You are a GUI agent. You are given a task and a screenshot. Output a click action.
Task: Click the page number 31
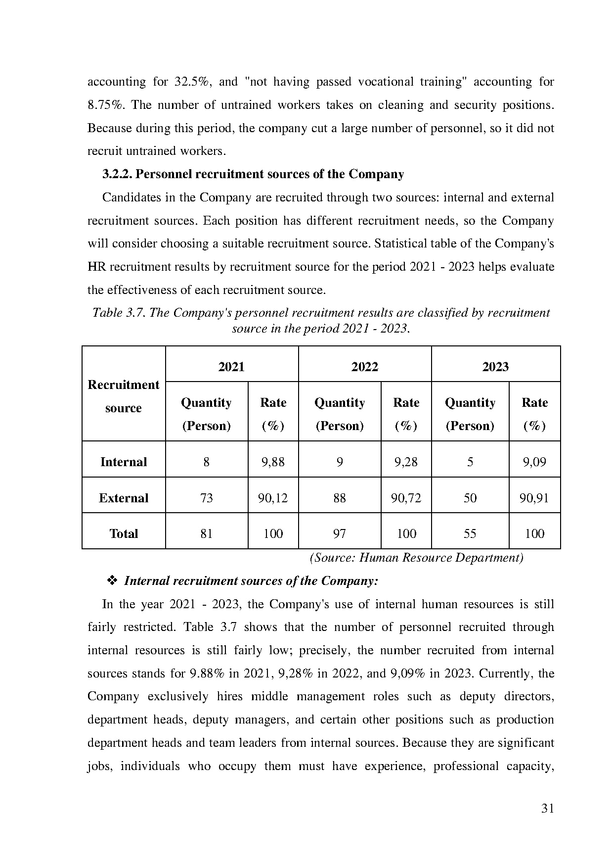pyautogui.click(x=547, y=809)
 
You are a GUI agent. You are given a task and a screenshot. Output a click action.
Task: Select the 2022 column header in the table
pyautogui.click(x=364, y=367)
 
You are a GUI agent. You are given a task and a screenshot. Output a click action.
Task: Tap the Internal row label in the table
pyautogui.click(x=124, y=462)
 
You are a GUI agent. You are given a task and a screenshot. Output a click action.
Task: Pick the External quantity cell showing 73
pyautogui.click(x=206, y=498)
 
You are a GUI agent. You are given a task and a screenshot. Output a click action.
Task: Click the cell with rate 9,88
pyautogui.click(x=273, y=462)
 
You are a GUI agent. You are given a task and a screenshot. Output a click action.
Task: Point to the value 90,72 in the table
pyautogui.click(x=406, y=498)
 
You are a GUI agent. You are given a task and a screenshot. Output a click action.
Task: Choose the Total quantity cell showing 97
pyautogui.click(x=340, y=533)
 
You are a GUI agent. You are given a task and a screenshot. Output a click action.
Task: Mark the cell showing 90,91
pyautogui.click(x=534, y=498)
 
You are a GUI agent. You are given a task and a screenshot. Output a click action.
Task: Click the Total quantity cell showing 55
pyautogui.click(x=470, y=533)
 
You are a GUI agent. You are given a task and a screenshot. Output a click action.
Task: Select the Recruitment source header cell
pyautogui.click(x=124, y=396)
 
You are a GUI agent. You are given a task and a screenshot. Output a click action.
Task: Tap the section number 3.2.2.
pyautogui.click(x=117, y=174)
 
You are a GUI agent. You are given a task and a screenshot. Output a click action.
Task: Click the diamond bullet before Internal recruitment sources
pyautogui.click(x=112, y=580)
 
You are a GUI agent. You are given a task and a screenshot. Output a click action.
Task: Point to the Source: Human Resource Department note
pyautogui.click(x=416, y=558)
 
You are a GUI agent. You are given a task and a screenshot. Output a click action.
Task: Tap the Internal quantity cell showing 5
pyautogui.click(x=470, y=462)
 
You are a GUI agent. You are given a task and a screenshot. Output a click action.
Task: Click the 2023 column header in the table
pyautogui.click(x=495, y=367)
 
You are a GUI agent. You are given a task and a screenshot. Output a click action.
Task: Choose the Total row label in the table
pyautogui.click(x=124, y=533)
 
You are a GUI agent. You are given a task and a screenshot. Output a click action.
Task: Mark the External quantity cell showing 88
pyautogui.click(x=340, y=498)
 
